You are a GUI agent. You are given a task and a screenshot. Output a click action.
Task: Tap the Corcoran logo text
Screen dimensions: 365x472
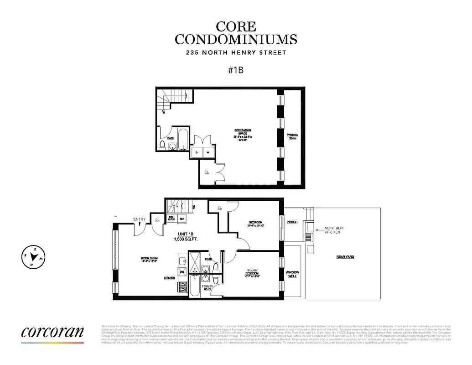(52, 331)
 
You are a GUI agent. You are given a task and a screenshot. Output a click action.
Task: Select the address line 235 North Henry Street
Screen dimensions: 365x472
(236, 52)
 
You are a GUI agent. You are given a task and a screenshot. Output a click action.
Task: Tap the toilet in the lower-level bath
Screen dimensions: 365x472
(162, 145)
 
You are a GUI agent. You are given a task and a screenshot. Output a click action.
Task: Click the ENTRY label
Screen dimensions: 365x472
(140, 219)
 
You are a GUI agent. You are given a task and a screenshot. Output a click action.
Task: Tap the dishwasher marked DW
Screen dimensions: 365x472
(182, 272)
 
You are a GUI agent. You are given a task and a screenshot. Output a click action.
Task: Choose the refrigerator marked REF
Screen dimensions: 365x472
(182, 219)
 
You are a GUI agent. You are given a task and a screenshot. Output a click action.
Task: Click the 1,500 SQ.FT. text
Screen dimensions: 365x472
(186, 239)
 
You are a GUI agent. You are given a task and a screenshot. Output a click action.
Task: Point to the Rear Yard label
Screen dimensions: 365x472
(345, 257)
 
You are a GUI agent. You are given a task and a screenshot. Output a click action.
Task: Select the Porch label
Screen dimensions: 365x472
(292, 222)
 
